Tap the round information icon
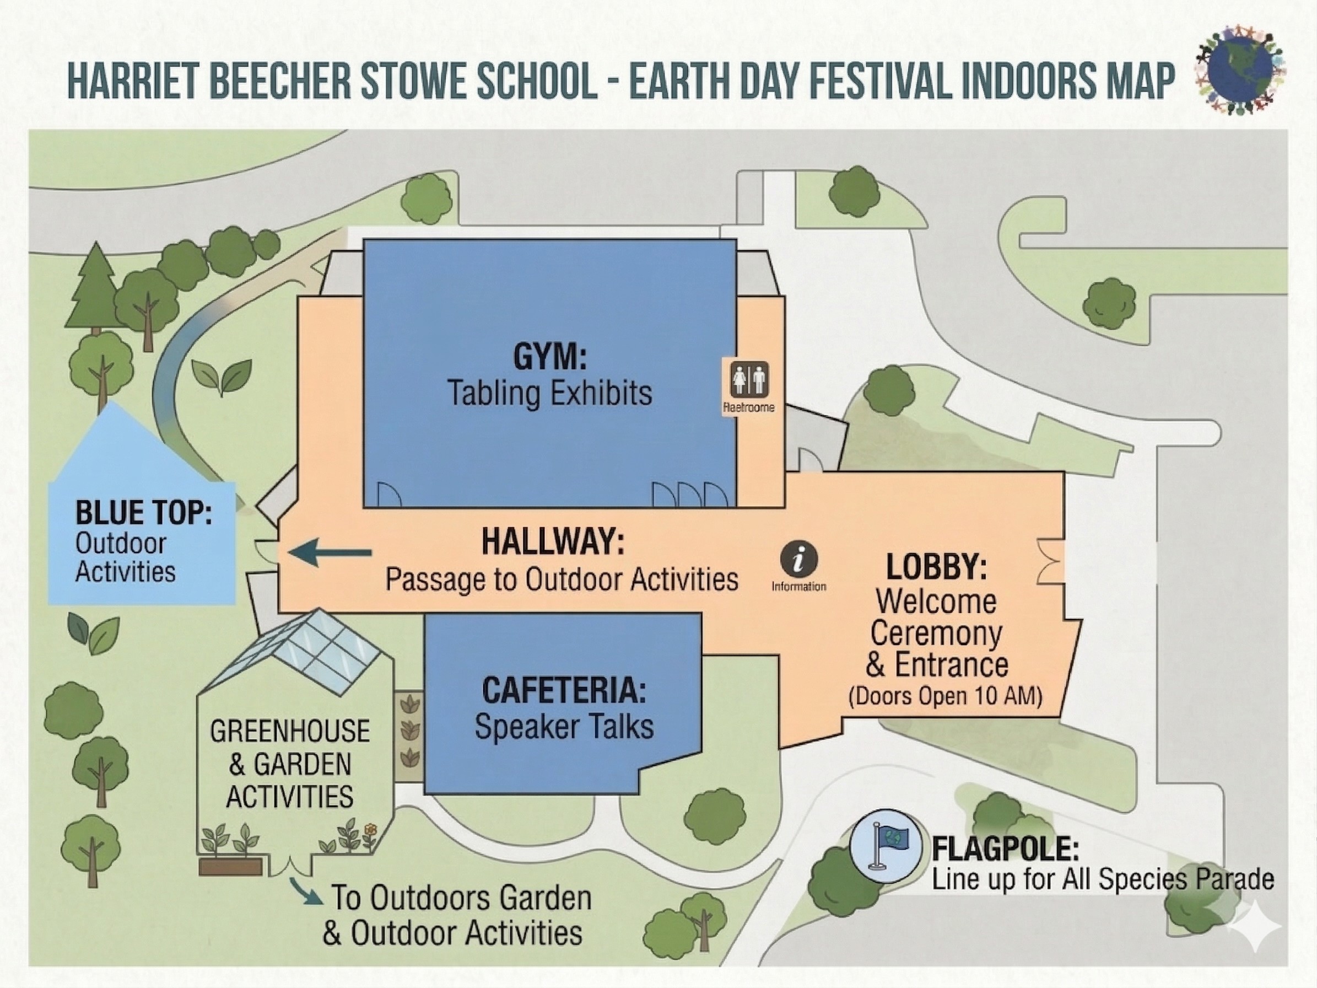coord(799,560)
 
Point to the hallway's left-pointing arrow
coord(330,552)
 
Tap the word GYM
coord(549,357)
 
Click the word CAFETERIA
coord(564,691)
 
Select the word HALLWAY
coord(553,542)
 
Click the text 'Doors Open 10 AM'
coord(945,696)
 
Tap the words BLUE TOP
coord(143,513)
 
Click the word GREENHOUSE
coord(289,731)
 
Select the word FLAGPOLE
coord(1005,849)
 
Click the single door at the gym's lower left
coord(389,495)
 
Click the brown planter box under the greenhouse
coord(230,867)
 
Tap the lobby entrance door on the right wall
coord(1051,562)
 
